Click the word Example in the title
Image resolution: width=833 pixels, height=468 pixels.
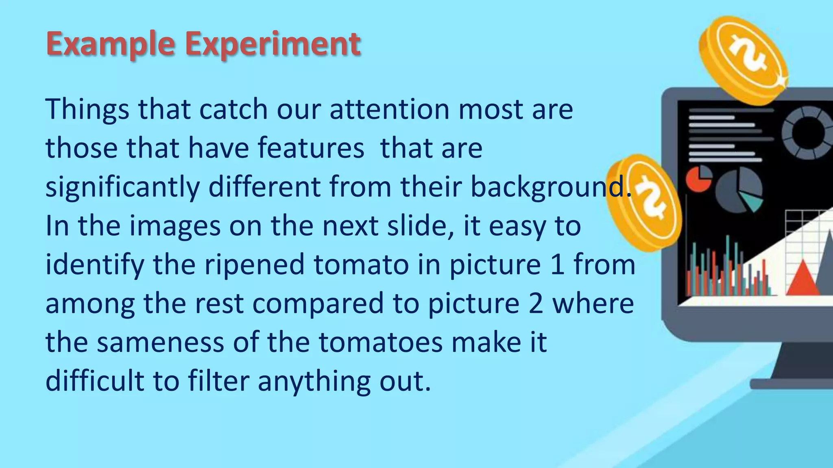(110, 44)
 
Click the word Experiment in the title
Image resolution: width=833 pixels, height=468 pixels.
(273, 44)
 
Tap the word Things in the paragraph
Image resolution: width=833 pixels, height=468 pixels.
(87, 109)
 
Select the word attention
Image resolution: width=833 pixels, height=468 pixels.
(390, 109)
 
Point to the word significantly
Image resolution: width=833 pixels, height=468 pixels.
(122, 187)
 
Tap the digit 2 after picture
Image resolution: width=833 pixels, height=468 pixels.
(535, 303)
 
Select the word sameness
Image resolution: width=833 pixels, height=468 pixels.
(160, 342)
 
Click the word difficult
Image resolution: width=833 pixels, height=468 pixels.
(95, 381)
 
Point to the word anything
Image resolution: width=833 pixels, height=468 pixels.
(314, 381)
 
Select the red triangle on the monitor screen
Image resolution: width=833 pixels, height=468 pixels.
(802, 279)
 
